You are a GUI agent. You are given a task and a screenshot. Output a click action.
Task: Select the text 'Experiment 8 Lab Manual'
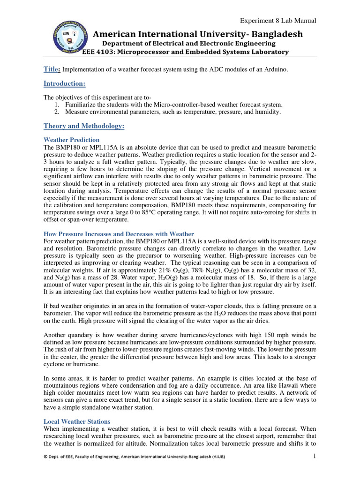point(278,21)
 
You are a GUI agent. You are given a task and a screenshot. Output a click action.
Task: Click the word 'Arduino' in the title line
point(274,70)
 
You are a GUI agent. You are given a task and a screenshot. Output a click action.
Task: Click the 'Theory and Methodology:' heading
point(84,126)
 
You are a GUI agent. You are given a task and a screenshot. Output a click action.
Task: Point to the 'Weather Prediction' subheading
point(71,140)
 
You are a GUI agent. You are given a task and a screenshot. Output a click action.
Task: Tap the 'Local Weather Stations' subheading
point(77,422)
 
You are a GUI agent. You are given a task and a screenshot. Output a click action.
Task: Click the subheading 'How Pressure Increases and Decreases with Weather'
point(119,234)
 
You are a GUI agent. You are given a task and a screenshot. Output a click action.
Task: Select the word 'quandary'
point(82,335)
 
